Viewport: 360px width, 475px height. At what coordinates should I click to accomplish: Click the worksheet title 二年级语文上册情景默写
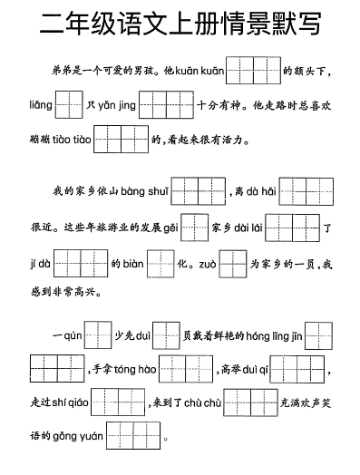point(180,25)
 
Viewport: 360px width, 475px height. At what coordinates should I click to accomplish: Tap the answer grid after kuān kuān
point(253,70)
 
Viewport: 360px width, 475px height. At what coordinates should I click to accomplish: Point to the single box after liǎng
point(68,105)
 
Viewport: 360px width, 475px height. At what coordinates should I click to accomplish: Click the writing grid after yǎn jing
point(168,105)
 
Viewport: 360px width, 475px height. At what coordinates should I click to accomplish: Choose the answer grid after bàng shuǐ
point(198,191)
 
